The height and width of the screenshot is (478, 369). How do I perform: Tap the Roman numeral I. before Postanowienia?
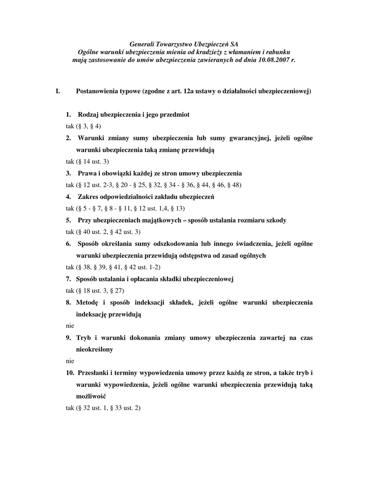tap(58, 91)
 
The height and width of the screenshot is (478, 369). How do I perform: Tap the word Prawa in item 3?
tap(88, 173)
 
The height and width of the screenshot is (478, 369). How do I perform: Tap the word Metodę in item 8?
tap(89, 302)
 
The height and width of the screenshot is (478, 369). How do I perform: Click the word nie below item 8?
tap(70, 326)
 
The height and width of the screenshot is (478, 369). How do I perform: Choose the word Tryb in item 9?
tap(86, 337)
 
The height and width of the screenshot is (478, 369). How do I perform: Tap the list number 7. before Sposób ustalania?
tap(68, 279)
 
